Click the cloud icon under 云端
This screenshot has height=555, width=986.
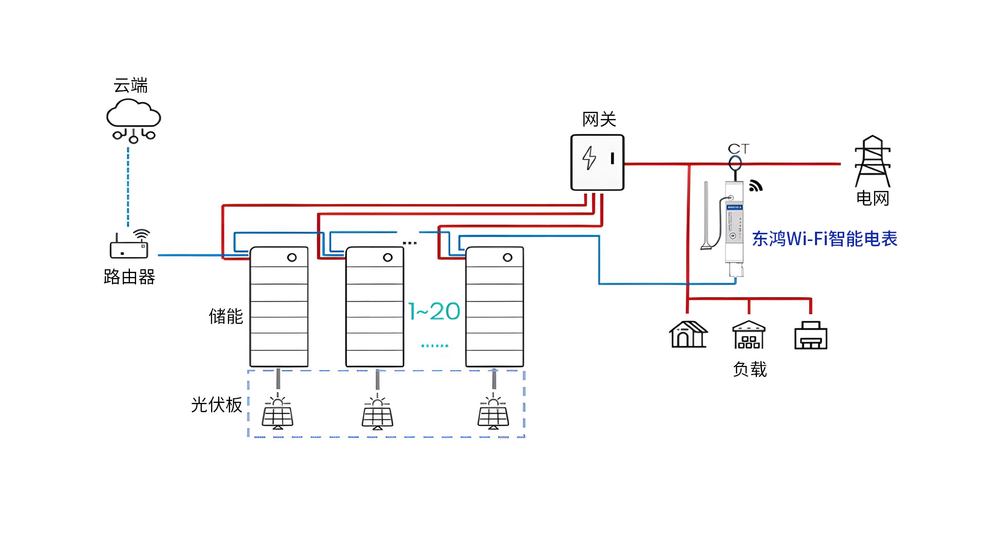pyautogui.click(x=134, y=121)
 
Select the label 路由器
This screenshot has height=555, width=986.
pyautogui.click(x=129, y=277)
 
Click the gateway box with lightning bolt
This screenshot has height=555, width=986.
pyautogui.click(x=597, y=162)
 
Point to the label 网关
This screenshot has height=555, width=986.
pyautogui.click(x=599, y=119)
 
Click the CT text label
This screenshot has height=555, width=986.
pyautogui.click(x=738, y=149)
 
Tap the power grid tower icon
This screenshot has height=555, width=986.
pyautogui.click(x=872, y=161)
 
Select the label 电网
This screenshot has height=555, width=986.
pyautogui.click(x=873, y=198)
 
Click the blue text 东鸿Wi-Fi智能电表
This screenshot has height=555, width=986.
pyautogui.click(x=825, y=238)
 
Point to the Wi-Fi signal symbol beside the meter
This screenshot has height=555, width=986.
pyautogui.click(x=755, y=186)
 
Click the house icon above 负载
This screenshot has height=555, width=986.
pyautogui.click(x=688, y=335)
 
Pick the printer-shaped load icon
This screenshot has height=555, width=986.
pyautogui.click(x=810, y=335)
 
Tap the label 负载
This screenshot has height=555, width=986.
pyautogui.click(x=750, y=369)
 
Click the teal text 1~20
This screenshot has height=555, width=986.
pyautogui.click(x=434, y=311)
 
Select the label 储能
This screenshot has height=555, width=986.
pyautogui.click(x=226, y=316)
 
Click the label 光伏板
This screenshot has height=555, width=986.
pyautogui.click(x=217, y=404)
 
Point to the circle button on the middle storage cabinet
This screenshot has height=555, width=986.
pyautogui.click(x=388, y=257)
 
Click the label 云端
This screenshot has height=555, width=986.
pyautogui.click(x=130, y=85)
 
